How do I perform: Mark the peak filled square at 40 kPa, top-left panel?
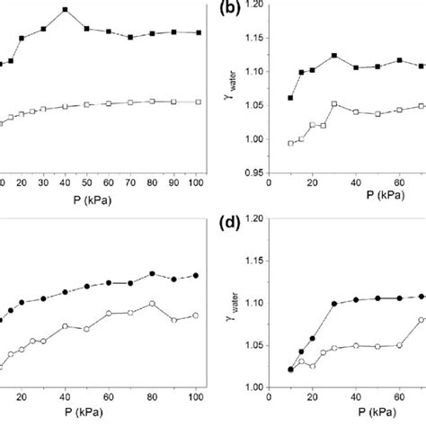pos(65,10)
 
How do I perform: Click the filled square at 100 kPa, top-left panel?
pos(198,32)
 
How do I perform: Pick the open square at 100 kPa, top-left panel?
pos(198,102)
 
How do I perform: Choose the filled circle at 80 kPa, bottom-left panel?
pos(153,273)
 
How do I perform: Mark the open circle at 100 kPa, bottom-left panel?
pos(196,315)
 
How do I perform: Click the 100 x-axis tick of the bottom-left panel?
pos(196,398)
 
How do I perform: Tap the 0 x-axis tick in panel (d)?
pos(270,398)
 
